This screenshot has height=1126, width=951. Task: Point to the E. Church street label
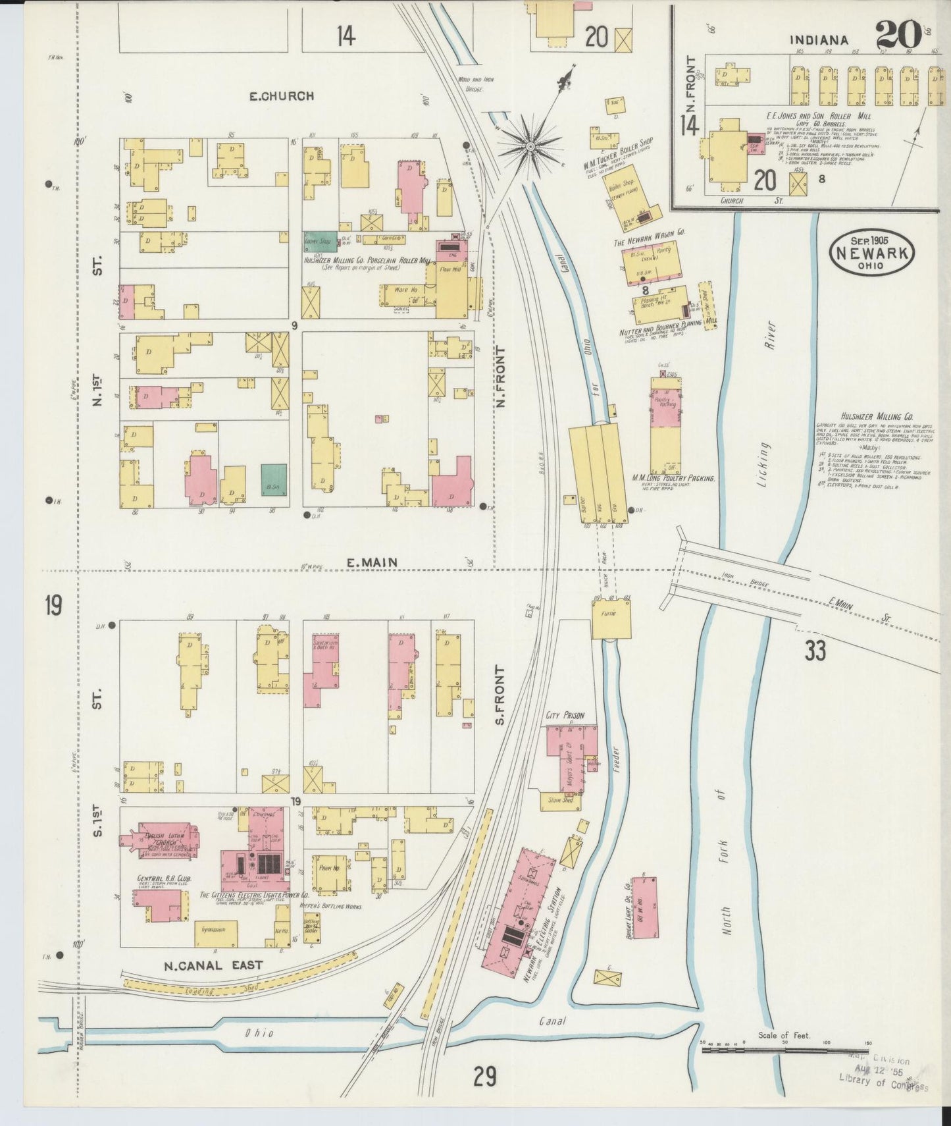[281, 96]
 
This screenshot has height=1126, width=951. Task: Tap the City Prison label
[565, 716]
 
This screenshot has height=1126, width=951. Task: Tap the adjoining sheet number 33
[815, 651]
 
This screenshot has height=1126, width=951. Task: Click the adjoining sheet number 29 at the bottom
[484, 1077]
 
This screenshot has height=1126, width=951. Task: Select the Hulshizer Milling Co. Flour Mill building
[452, 288]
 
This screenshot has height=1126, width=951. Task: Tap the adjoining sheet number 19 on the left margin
[54, 605]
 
